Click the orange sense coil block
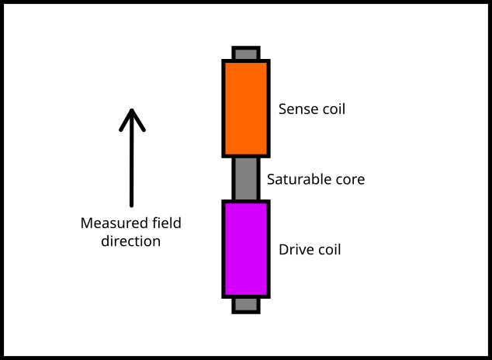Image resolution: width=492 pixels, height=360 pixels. pyautogui.click(x=246, y=109)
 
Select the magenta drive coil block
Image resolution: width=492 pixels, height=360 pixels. pyautogui.click(x=246, y=249)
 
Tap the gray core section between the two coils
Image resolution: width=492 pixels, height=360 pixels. pyautogui.click(x=246, y=179)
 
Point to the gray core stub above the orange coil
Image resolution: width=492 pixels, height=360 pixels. pyautogui.click(x=246, y=54)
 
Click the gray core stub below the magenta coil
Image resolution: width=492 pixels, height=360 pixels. pyautogui.click(x=246, y=304)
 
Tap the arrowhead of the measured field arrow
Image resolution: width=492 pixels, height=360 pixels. pyautogui.click(x=132, y=116)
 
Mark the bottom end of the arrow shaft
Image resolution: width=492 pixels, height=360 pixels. pyautogui.click(x=132, y=206)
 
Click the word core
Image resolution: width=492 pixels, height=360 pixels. pyautogui.click(x=350, y=179)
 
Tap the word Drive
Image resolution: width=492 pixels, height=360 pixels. pyautogui.click(x=296, y=250)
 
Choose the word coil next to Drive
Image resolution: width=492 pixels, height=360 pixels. pyautogui.click(x=329, y=250)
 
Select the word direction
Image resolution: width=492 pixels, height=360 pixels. pyautogui.click(x=131, y=241)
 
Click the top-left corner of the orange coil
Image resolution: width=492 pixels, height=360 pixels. pyautogui.click(x=224, y=61)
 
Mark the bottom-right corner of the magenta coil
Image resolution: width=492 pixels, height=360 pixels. pyautogui.click(x=268, y=296)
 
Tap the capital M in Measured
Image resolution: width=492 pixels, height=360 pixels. pyautogui.click(x=87, y=223)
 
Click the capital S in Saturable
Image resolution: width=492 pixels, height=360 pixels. pyautogui.click(x=271, y=179)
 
